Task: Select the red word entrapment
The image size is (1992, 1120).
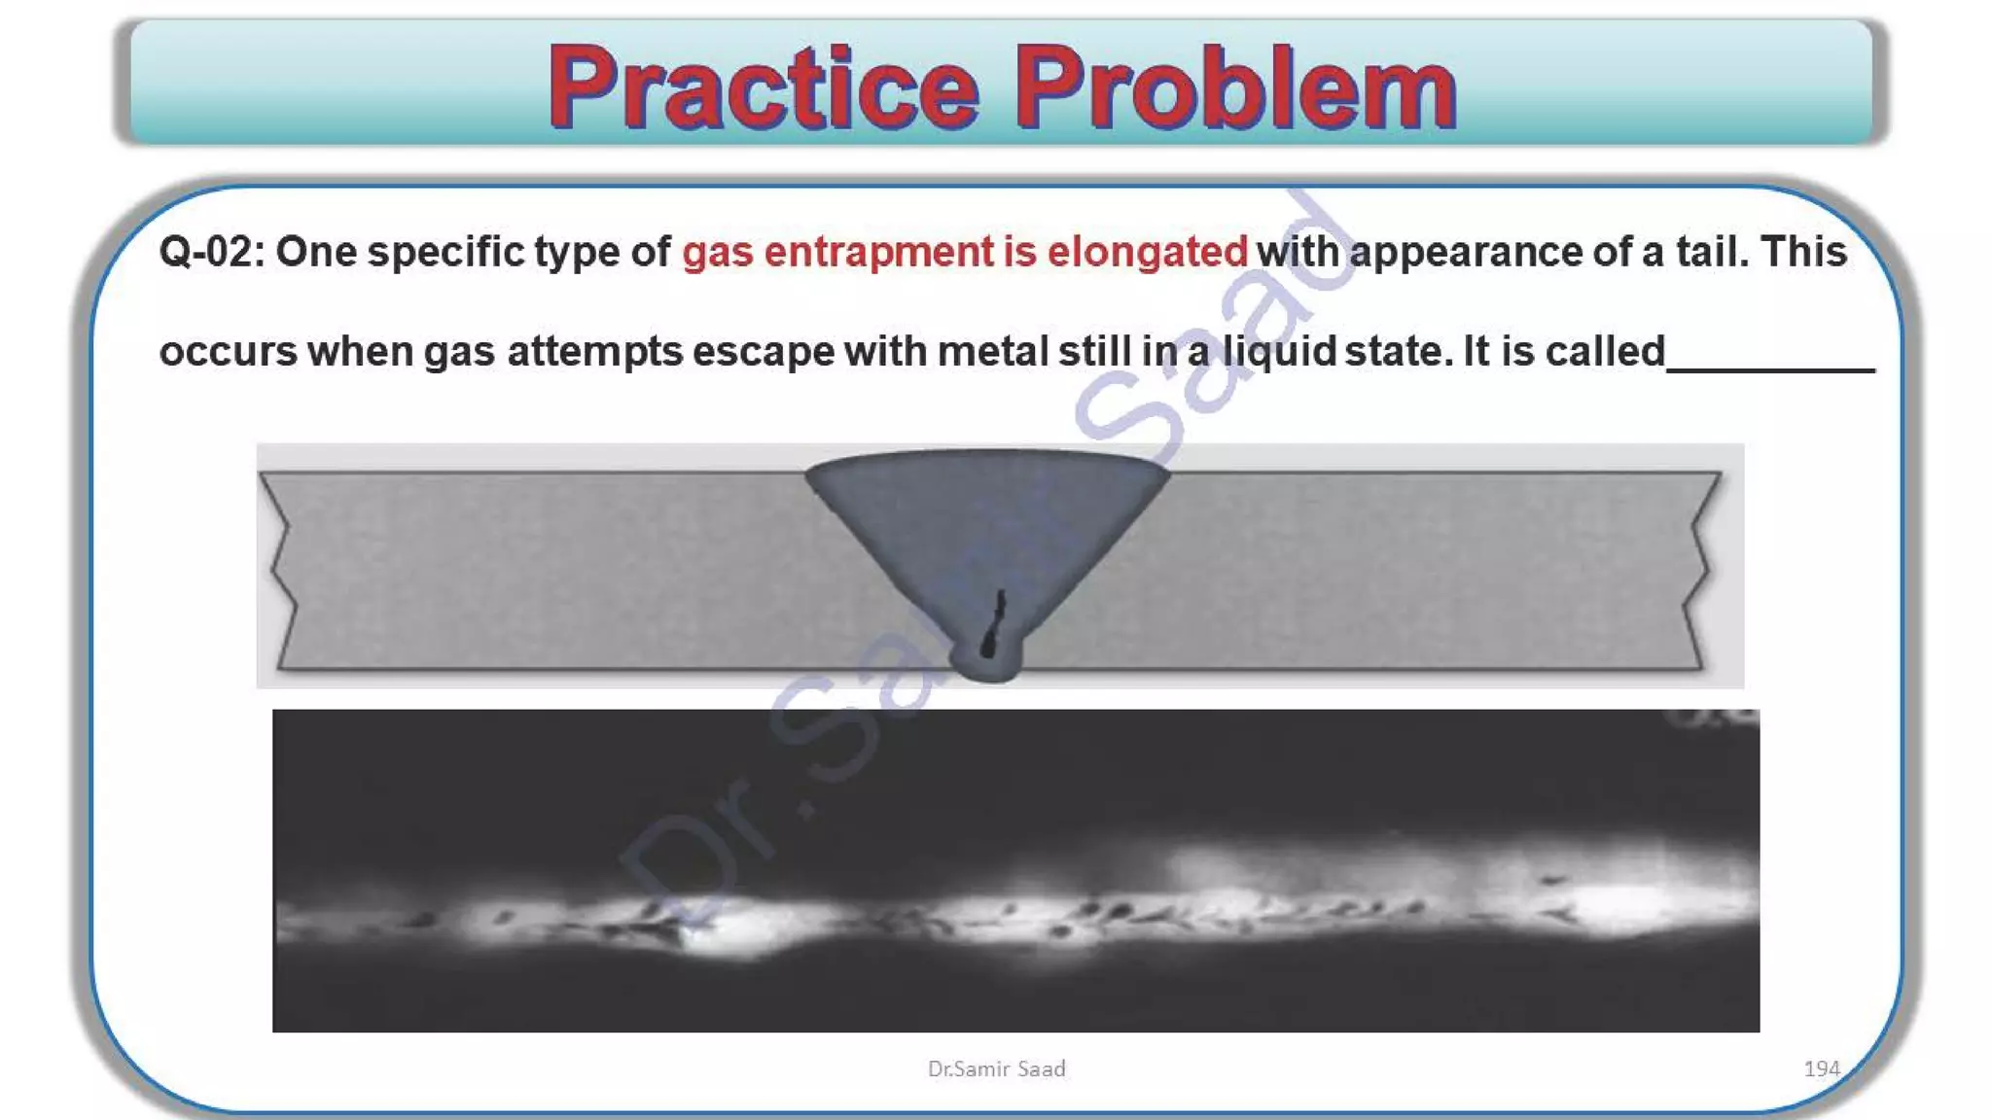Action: coord(879,252)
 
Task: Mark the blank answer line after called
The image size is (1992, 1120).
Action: coord(1770,367)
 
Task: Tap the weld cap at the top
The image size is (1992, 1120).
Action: coord(987,463)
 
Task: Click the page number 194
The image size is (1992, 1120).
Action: coord(1821,1068)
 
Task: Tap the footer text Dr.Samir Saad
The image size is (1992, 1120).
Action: coord(996,1068)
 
